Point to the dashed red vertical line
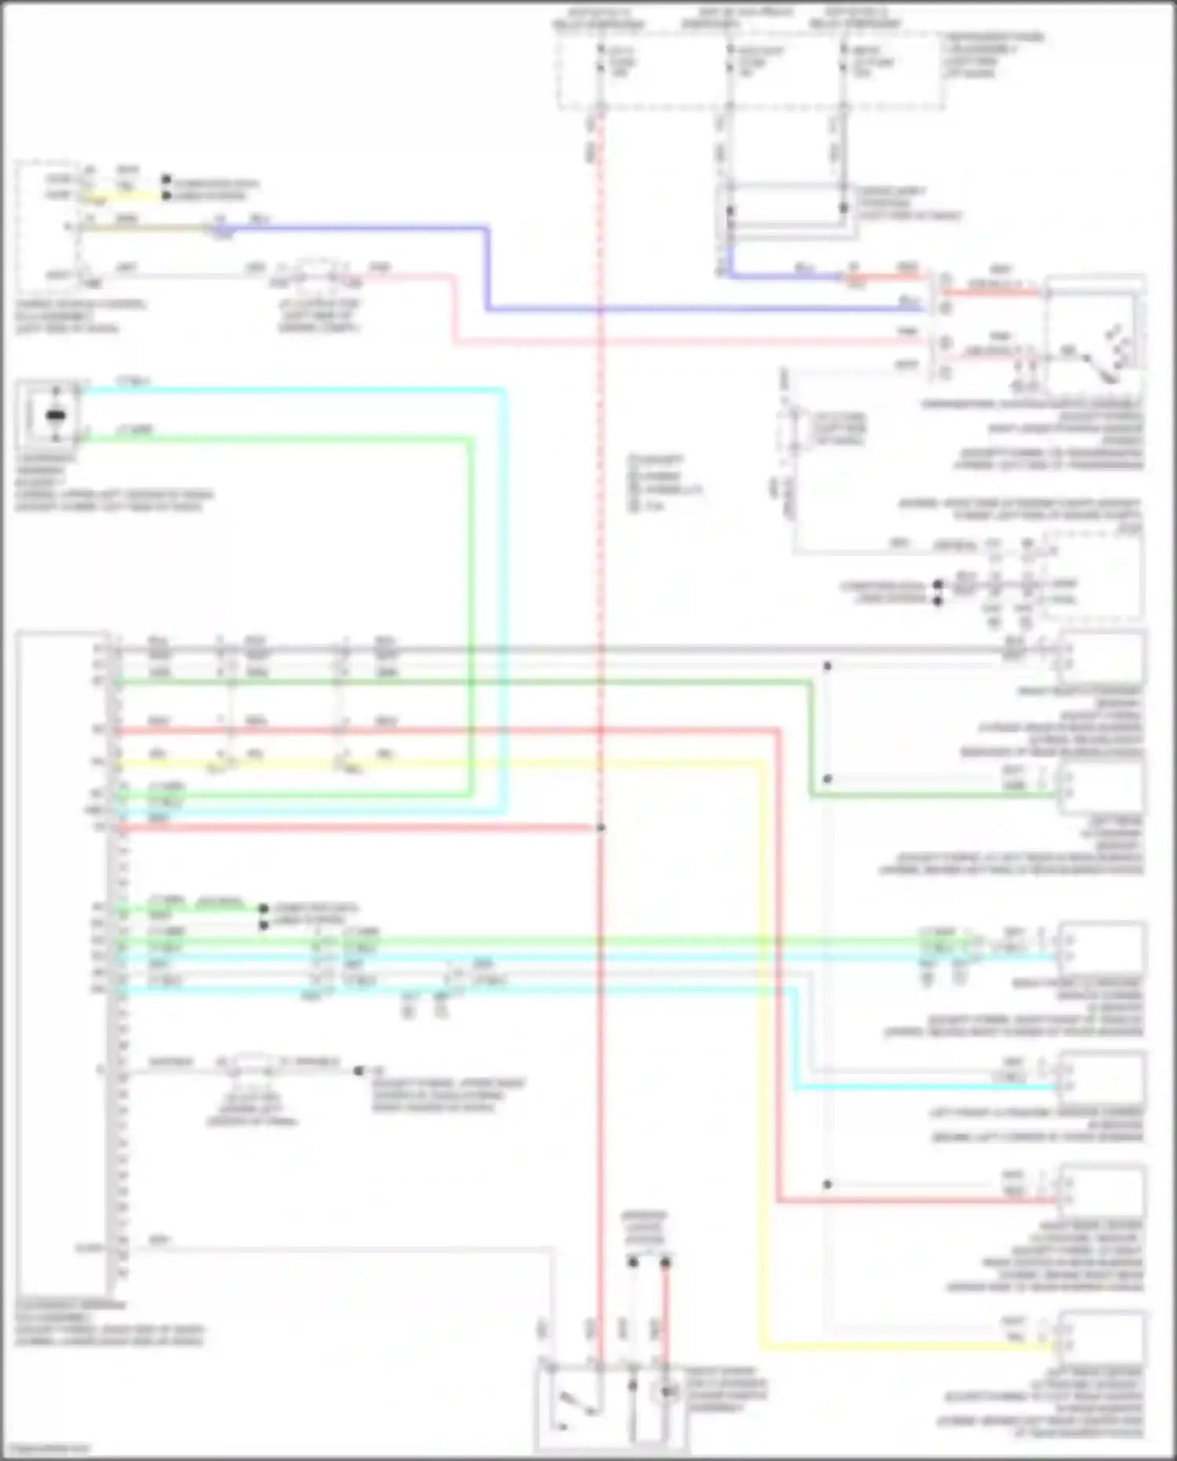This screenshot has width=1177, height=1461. pyautogui.click(x=600, y=393)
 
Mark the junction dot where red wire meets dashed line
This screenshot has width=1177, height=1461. pyautogui.click(x=600, y=827)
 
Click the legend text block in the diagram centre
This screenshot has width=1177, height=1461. pyautogui.click(x=663, y=482)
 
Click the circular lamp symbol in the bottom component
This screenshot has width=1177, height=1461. pyautogui.click(x=667, y=1392)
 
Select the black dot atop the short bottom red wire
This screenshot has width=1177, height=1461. pyautogui.click(x=665, y=1262)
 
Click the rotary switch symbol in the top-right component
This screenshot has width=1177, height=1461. pyautogui.click(x=1099, y=357)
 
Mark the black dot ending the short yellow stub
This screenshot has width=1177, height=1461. pyautogui.click(x=166, y=195)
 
